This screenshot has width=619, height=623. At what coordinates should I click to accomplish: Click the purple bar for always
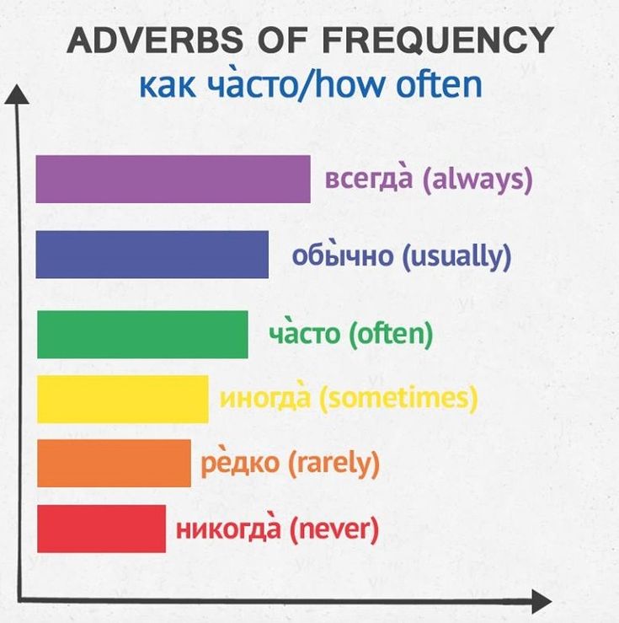(173, 180)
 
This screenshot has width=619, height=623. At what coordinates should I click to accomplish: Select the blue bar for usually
(152, 255)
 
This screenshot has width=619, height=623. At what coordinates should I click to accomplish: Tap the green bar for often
(142, 335)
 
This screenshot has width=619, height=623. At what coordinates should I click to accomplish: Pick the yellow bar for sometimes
(123, 399)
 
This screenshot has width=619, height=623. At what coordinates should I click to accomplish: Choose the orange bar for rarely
(114, 463)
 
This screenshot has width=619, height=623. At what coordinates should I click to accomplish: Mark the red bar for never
(102, 529)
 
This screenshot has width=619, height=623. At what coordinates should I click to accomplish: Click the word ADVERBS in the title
(155, 40)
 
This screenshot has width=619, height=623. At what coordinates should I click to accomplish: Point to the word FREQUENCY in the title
(438, 40)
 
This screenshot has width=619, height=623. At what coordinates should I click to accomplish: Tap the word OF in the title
(282, 40)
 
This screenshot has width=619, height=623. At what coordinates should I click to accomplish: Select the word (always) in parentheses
(478, 180)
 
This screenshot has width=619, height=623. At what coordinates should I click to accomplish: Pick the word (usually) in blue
(456, 256)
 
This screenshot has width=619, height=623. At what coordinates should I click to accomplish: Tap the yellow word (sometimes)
(398, 399)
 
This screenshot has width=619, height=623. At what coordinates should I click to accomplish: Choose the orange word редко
(240, 464)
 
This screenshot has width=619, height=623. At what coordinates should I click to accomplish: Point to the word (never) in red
(334, 529)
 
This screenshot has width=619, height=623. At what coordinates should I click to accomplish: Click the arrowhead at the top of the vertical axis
(17, 94)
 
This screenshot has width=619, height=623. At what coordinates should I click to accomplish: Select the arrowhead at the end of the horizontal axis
(542, 602)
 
